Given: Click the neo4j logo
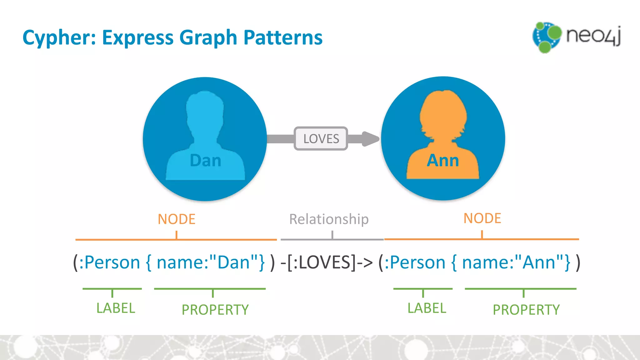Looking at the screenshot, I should tap(577, 37).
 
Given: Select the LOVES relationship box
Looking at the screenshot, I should tap(321, 138).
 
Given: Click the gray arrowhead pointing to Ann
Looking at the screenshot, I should tap(370, 139).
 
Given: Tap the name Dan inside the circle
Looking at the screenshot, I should tap(205, 161).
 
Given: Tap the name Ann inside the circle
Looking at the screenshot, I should tap(443, 161).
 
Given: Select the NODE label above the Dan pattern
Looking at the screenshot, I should tap(177, 219).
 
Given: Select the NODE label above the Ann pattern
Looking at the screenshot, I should tap(482, 218).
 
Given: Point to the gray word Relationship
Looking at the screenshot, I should tap(329, 219).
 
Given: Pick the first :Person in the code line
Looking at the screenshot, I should tap(109, 262).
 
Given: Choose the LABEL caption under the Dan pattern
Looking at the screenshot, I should tap(116, 308).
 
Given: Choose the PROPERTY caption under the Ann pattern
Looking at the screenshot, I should tap(526, 310).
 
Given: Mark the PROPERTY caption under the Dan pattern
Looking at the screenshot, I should tap(215, 310).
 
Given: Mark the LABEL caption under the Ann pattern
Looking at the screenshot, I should tap(427, 308).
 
